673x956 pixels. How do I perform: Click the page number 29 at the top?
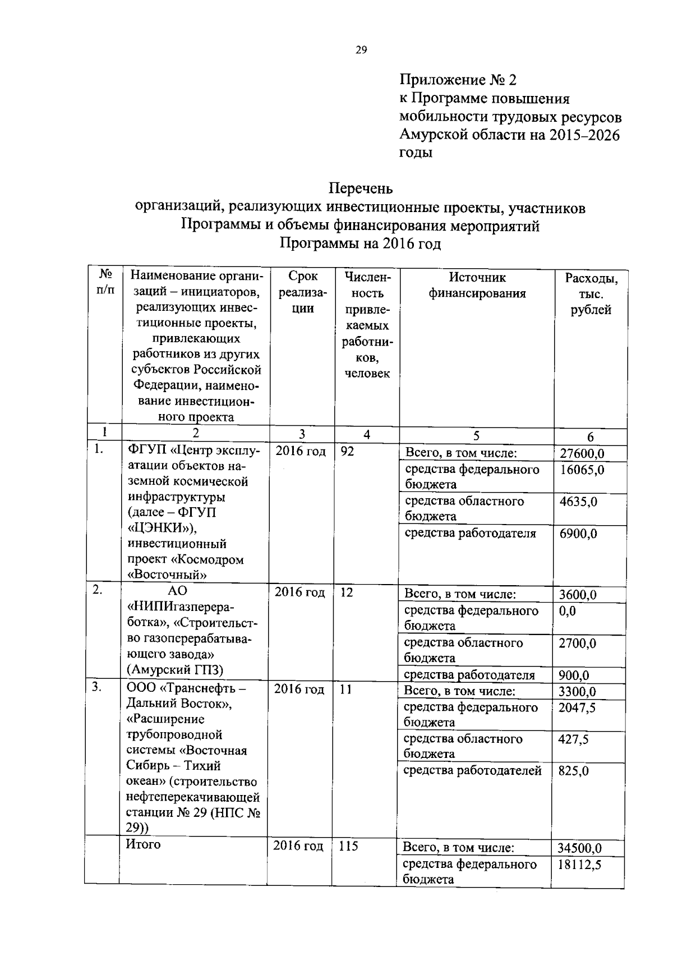[361, 50]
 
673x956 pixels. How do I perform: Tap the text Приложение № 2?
[457, 80]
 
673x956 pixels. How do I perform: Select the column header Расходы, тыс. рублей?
[591, 294]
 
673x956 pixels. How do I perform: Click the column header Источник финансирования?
[477, 286]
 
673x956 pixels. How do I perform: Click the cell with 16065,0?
[582, 470]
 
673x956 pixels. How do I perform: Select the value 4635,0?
[578, 502]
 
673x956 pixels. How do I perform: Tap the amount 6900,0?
[578, 534]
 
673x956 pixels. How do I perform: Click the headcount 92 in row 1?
[347, 451]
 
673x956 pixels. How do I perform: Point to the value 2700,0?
[577, 644]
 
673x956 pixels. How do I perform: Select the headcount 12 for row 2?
[347, 592]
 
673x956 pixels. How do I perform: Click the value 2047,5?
[577, 708]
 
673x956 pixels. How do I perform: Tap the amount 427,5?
[573, 739]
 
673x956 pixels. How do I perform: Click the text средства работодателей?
[472, 771]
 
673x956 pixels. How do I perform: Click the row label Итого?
[143, 845]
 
